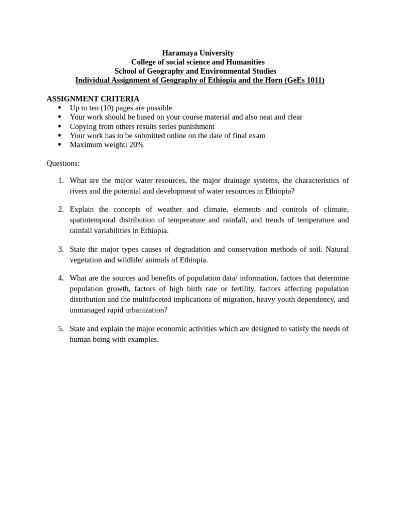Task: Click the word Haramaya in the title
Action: click(178, 53)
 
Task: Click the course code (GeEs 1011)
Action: click(304, 80)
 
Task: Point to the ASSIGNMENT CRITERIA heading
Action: click(93, 98)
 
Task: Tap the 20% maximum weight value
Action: click(136, 145)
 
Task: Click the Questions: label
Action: click(63, 163)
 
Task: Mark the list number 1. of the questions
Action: click(61, 180)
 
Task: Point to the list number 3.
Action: click(61, 250)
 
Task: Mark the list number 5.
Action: click(61, 329)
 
